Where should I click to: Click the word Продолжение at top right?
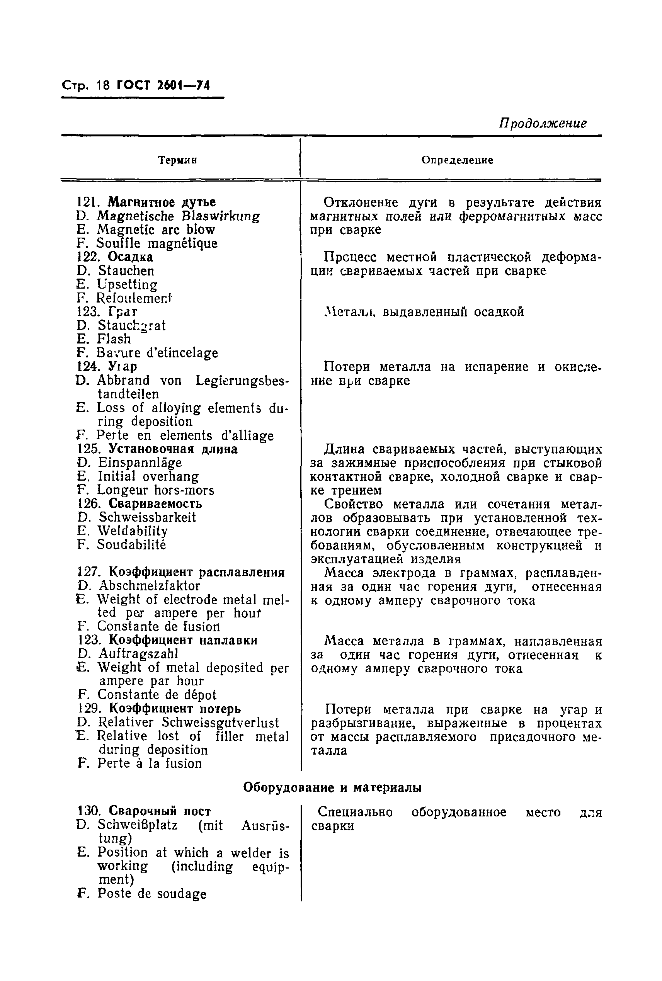point(543,123)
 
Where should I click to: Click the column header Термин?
point(177,160)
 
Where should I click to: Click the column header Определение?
point(457,160)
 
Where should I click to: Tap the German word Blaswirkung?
point(221,216)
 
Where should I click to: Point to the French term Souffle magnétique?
point(157,243)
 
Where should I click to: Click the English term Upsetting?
point(127,284)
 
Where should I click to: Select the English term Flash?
point(114,339)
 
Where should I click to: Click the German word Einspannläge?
point(140,462)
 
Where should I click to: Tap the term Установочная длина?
point(173,449)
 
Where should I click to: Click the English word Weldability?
point(133,531)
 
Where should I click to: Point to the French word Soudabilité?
point(131,544)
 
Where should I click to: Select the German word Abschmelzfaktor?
point(149,586)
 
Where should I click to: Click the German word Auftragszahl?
point(138,654)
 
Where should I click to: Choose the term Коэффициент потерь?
point(175,708)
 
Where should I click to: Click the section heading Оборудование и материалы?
point(333,788)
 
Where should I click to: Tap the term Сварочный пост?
point(160,811)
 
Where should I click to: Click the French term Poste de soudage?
point(151,894)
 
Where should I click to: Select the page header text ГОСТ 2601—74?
point(163,86)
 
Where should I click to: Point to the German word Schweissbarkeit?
point(147,517)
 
